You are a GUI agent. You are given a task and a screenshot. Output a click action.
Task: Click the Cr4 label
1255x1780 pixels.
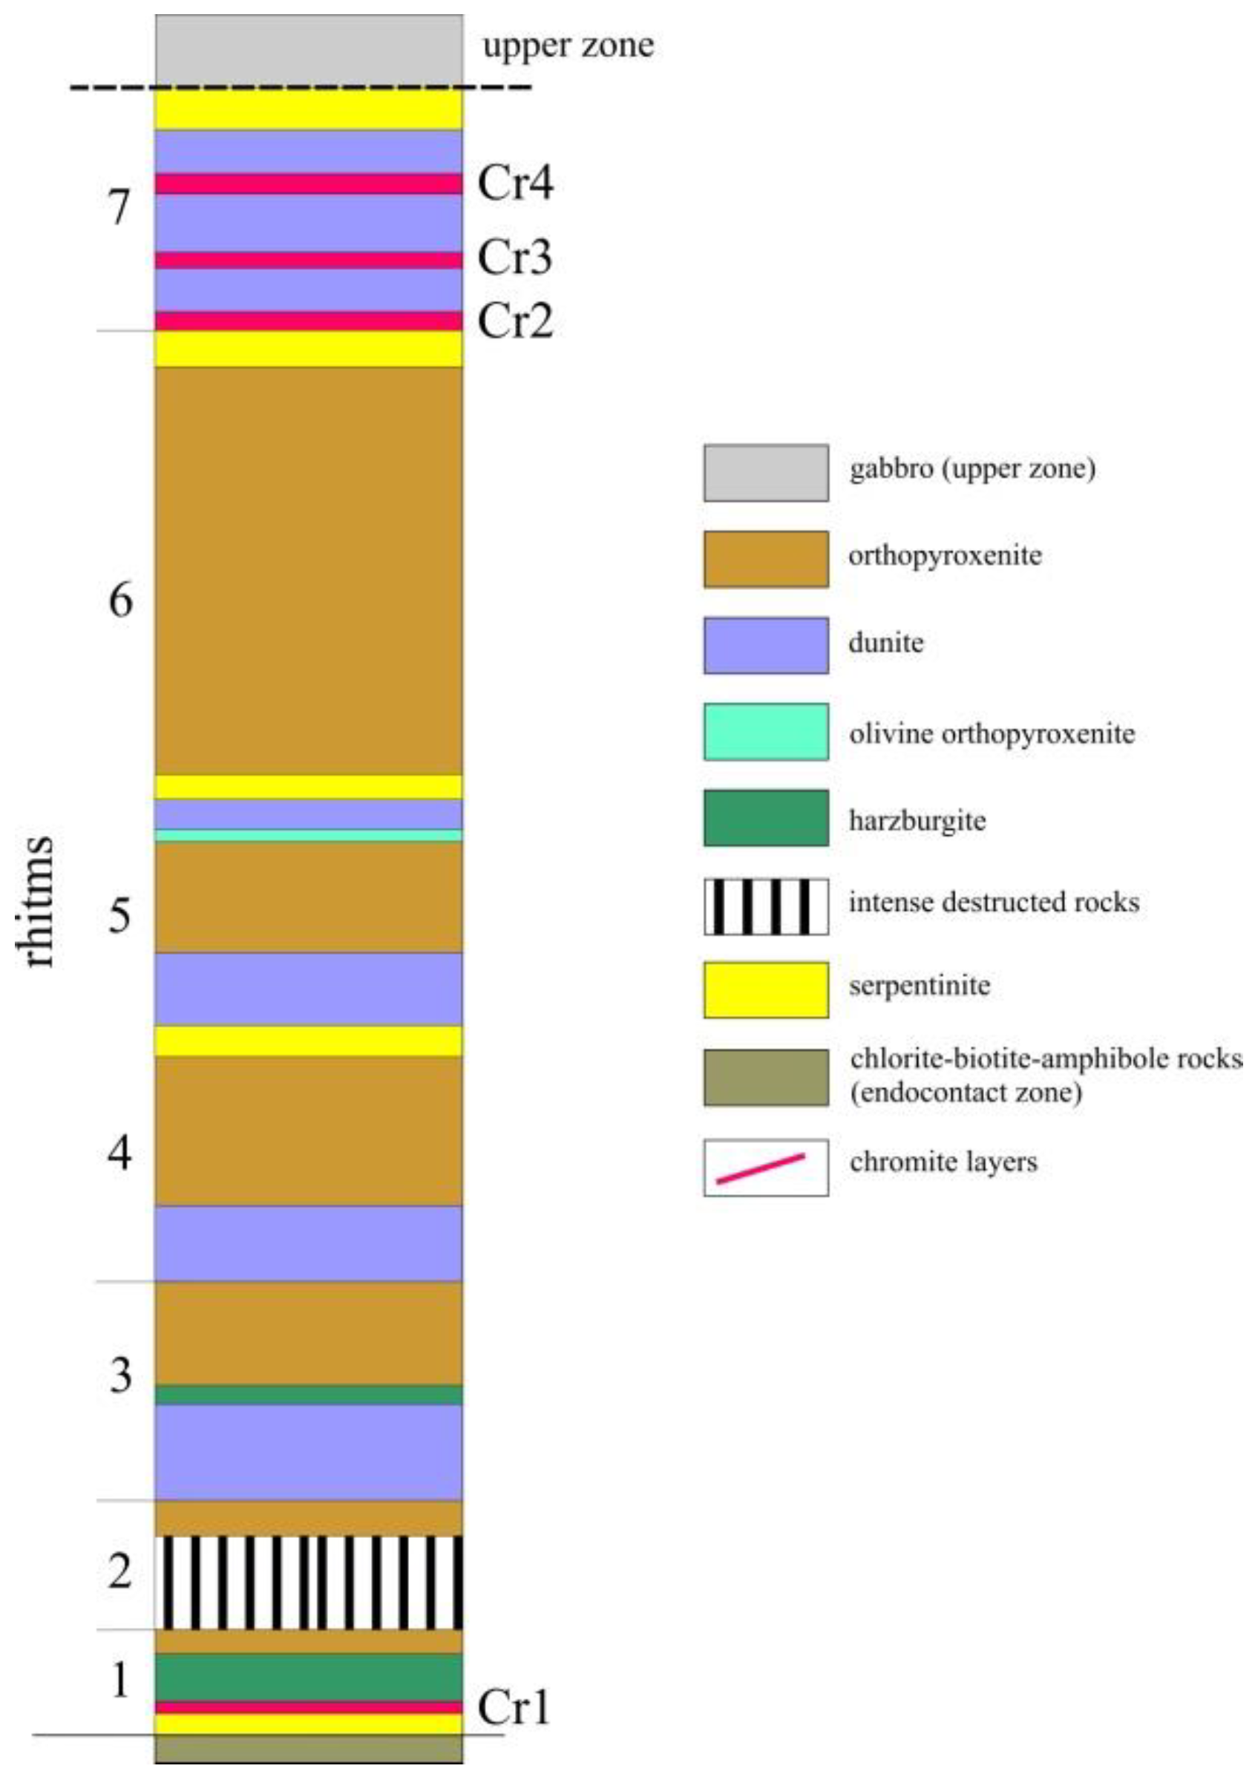[x=516, y=184]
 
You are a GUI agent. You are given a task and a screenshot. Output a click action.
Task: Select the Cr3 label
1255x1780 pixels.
[x=516, y=258]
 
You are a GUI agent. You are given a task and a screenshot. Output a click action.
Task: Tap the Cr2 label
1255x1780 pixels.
[x=516, y=320]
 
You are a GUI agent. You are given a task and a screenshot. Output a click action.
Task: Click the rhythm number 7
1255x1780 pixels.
[x=119, y=208]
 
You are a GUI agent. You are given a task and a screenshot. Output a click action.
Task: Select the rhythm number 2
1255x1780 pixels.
[x=120, y=1571]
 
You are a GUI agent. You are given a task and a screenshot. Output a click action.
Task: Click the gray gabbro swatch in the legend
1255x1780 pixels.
[x=765, y=472]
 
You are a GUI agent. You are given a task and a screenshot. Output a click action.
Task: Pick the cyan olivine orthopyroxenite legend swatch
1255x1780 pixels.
[x=765, y=731]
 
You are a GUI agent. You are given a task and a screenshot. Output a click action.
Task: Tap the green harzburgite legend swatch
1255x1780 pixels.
[x=765, y=817]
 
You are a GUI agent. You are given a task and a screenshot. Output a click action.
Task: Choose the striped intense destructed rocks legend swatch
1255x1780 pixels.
[x=765, y=906]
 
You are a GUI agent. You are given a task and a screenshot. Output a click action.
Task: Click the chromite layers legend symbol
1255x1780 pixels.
[x=765, y=1168]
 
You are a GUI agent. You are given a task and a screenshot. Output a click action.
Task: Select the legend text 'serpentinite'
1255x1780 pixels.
[x=920, y=986]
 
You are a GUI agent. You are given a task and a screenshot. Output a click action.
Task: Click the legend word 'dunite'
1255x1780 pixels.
[x=886, y=643]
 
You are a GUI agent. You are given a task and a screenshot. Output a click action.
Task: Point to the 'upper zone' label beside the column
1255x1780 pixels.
[x=568, y=45]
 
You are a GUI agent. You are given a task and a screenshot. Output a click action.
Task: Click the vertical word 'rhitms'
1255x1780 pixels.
[x=39, y=901]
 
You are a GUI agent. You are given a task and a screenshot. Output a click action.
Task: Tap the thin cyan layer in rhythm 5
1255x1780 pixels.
[x=309, y=835]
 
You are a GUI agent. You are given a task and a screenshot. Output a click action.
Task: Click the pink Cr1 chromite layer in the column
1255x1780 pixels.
[x=309, y=1707]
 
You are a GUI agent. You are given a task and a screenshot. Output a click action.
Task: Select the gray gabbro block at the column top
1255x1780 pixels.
[x=309, y=48]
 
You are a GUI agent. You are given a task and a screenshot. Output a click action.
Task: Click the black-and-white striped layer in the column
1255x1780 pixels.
[x=309, y=1582]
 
